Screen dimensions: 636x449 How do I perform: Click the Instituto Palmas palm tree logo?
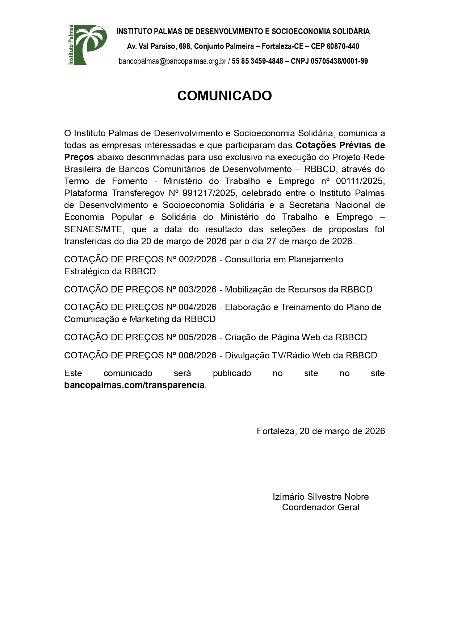click(x=87, y=45)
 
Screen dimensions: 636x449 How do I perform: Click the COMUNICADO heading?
click(x=224, y=96)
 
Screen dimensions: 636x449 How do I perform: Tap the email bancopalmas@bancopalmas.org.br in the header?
click(x=172, y=61)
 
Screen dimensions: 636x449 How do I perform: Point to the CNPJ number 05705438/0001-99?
click(x=339, y=61)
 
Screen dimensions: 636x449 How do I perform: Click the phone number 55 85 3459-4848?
click(x=257, y=61)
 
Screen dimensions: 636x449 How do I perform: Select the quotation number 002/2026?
click(x=197, y=259)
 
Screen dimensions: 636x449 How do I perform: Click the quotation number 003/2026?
click(x=197, y=290)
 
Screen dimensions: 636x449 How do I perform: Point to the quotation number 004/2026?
click(x=197, y=307)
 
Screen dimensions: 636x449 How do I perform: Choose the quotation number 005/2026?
click(x=197, y=337)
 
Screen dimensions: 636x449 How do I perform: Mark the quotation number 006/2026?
click(x=197, y=356)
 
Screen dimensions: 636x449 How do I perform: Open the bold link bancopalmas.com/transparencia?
click(x=134, y=385)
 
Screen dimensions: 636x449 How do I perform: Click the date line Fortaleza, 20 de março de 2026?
click(x=321, y=431)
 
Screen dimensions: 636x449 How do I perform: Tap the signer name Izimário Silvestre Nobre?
click(x=321, y=497)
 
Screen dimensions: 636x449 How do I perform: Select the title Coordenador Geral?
click(x=321, y=507)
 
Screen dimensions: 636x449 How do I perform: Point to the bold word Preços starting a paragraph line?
click(x=79, y=157)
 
